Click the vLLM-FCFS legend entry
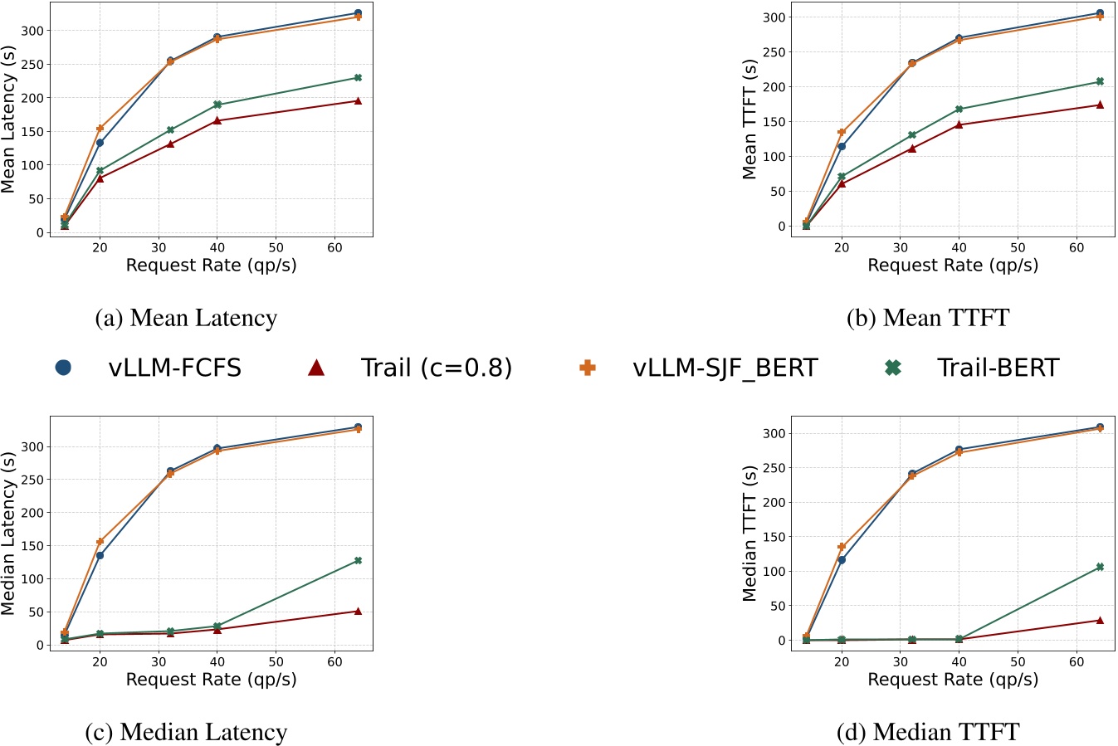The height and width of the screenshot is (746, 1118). (x=174, y=368)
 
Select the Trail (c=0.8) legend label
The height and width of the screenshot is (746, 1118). (x=436, y=368)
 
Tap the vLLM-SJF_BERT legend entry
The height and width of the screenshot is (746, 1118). (x=724, y=368)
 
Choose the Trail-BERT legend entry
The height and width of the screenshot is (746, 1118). (x=998, y=368)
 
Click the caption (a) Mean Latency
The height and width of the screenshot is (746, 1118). (x=186, y=318)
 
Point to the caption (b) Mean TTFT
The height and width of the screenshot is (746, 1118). (x=928, y=318)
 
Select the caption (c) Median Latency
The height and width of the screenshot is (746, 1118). (x=186, y=732)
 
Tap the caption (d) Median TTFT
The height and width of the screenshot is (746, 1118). (x=928, y=732)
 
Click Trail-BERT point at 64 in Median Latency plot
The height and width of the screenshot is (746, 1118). (x=358, y=561)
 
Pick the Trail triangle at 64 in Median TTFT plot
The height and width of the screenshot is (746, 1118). (x=1100, y=620)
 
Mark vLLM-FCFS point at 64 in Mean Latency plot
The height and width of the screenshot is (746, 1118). (x=358, y=13)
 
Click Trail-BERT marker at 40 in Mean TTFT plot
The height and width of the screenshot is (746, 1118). (x=959, y=109)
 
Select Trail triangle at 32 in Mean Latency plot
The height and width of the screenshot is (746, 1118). (x=170, y=144)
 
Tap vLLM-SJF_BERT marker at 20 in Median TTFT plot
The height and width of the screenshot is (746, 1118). (x=842, y=547)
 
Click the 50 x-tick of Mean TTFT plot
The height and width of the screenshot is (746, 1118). (x=1018, y=247)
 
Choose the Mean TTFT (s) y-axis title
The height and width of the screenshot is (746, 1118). (x=750, y=119)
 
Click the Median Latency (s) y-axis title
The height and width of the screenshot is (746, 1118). (x=9, y=533)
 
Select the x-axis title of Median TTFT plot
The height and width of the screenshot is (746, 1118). (x=953, y=680)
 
